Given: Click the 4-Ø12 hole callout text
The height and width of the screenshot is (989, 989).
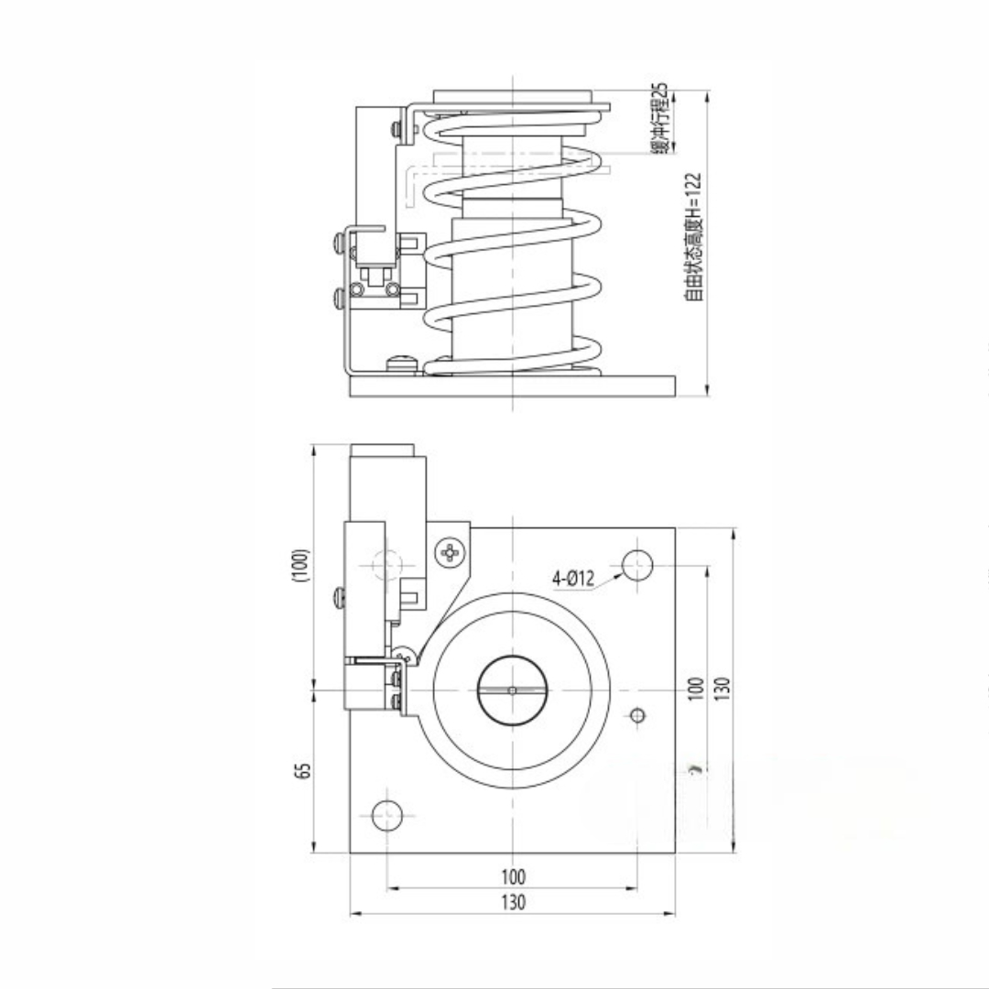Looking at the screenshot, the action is (x=573, y=578).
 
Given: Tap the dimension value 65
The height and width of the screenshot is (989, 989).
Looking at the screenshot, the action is (x=303, y=771).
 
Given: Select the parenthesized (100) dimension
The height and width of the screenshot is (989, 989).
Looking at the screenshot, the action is (x=301, y=566).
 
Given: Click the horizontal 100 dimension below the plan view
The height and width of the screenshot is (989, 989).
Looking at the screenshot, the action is (x=514, y=876).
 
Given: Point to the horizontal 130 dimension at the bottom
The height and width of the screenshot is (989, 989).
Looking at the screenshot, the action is (x=514, y=903).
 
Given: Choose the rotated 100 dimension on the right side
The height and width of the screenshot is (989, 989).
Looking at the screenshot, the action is (x=695, y=689).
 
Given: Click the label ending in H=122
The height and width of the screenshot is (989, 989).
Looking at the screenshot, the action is (x=693, y=237).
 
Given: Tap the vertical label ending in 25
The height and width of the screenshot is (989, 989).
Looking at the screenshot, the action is (x=659, y=118).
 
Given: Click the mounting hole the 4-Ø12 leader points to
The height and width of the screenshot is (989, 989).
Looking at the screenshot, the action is (x=637, y=565).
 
